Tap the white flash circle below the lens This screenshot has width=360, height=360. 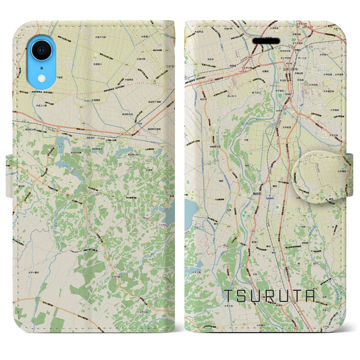42,77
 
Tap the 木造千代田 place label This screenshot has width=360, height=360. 100,37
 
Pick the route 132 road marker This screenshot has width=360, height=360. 85,198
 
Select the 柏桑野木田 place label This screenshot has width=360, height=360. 217,147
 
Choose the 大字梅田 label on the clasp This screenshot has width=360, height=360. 342,171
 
